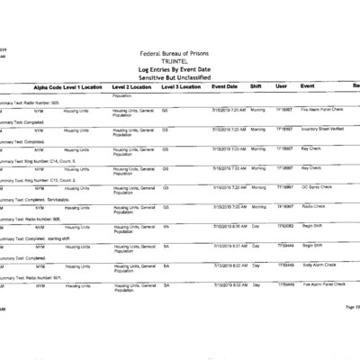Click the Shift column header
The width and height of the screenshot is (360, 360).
pos(256,86)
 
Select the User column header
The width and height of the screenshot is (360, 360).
pos(281,86)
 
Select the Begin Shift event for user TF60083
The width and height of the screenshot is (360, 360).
pos(312,226)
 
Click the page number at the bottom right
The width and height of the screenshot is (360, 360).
pos(351,307)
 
